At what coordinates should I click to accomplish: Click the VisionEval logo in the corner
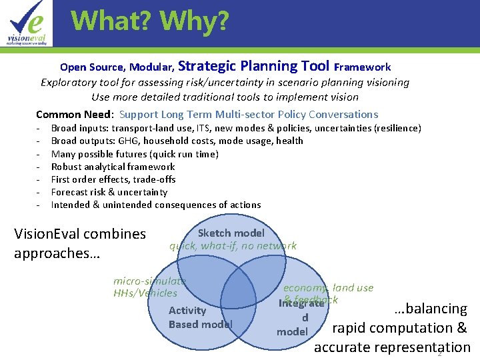(27, 23)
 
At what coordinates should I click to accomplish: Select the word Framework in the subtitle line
(362, 67)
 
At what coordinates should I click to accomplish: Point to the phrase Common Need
(74, 114)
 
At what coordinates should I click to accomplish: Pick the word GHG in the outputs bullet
(129, 141)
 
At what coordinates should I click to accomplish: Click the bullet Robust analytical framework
(113, 167)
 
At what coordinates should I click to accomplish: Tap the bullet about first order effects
(113, 179)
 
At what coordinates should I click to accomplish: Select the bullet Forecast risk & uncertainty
(109, 192)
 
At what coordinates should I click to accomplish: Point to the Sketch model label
(231, 233)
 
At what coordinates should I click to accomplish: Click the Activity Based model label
(199, 317)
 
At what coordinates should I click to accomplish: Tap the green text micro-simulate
(149, 281)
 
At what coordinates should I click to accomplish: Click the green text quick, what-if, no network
(233, 245)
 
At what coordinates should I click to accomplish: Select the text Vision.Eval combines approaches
(79, 243)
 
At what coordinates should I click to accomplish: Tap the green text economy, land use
(328, 288)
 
